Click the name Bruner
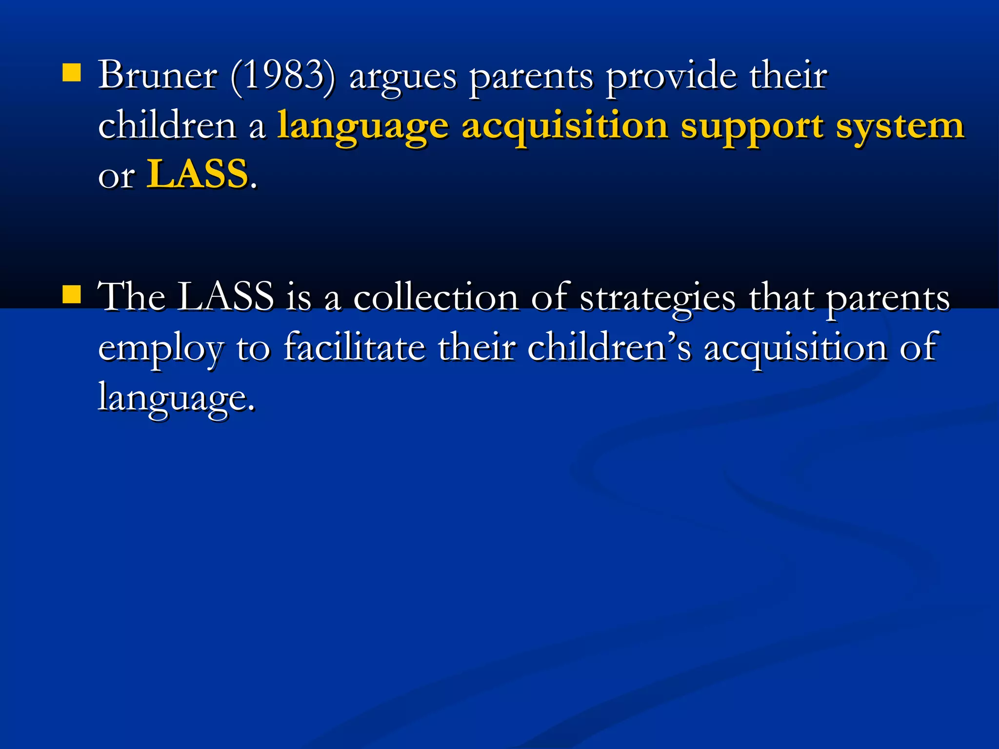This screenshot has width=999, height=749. [x=158, y=76]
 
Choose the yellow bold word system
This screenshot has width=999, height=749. [x=900, y=128]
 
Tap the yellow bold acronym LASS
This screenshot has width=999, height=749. [x=198, y=174]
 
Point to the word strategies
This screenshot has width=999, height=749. [x=658, y=298]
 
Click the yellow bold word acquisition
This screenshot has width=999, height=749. [x=564, y=128]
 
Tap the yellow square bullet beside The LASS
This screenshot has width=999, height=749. [x=72, y=294]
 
